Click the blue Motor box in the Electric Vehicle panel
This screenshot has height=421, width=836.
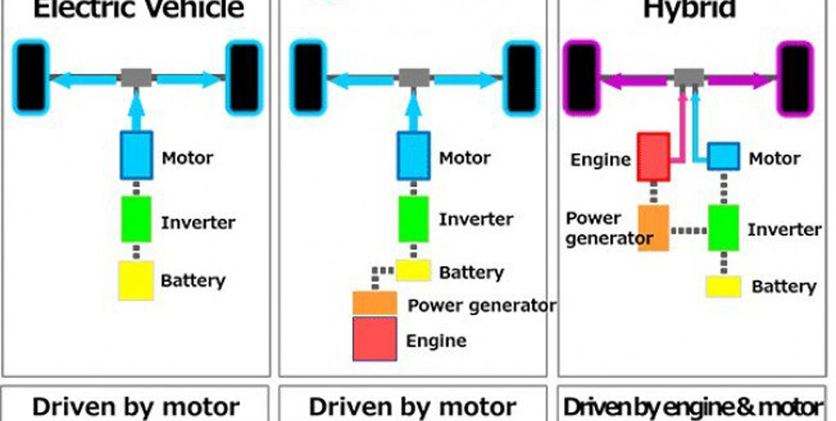136,154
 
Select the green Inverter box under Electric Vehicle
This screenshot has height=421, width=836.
136,219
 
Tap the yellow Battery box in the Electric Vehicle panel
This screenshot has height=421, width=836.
136,280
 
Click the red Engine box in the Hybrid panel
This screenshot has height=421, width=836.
653,157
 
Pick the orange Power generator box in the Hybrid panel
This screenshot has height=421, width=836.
653,228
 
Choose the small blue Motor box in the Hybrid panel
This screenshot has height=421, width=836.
723,156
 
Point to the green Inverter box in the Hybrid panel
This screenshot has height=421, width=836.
723,228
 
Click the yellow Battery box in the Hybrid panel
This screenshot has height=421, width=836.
723,286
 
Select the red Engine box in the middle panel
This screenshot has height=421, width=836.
375,339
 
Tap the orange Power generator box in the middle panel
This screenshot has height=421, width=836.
375,303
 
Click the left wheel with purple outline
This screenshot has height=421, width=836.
582,78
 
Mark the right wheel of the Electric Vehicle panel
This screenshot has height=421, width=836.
244,78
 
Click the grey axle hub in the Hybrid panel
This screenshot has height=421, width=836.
689,78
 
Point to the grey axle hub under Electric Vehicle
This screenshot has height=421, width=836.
136,78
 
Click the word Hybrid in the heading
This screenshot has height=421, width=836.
689,10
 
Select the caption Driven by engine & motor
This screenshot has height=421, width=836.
693,407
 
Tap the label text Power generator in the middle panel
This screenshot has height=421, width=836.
482,306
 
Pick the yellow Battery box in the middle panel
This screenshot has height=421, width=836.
413,269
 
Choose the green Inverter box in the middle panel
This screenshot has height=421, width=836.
414,218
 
